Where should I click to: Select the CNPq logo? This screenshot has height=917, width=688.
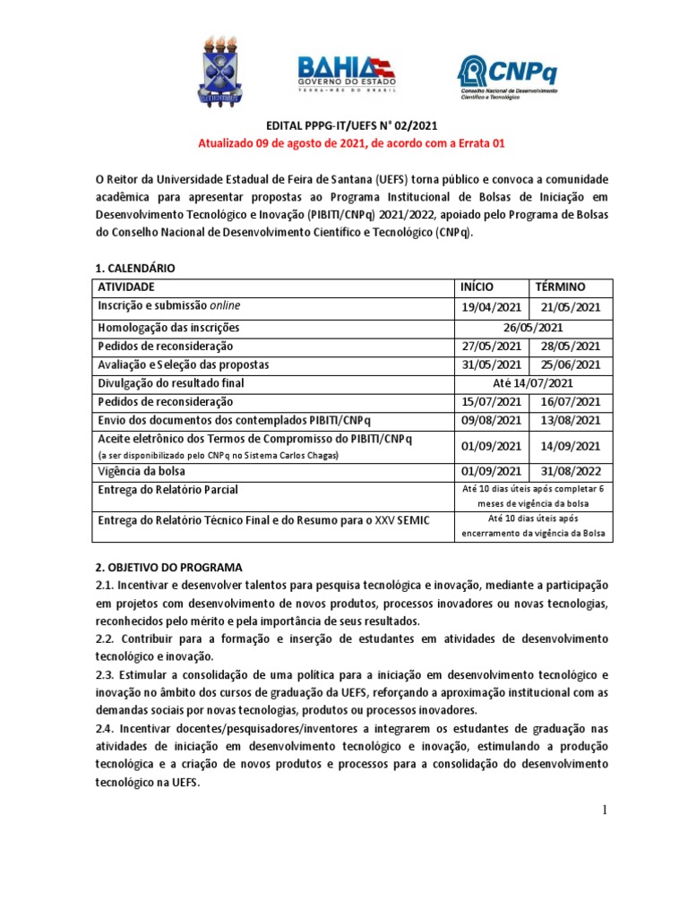click(x=507, y=76)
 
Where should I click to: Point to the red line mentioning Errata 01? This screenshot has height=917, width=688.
click(x=344, y=143)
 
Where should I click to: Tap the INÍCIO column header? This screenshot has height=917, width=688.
click(x=477, y=287)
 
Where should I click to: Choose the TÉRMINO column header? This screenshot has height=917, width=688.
click(x=560, y=287)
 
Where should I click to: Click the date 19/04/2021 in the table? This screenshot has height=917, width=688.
click(x=490, y=307)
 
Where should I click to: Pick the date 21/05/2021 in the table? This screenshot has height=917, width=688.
click(x=569, y=307)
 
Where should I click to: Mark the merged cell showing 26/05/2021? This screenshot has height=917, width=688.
click(x=532, y=328)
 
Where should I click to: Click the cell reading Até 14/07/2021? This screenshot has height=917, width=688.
click(x=532, y=382)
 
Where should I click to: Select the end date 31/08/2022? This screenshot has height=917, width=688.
click(x=569, y=469)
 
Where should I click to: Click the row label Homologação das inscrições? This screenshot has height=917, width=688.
click(x=169, y=328)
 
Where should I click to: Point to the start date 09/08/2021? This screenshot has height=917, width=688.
click(x=490, y=419)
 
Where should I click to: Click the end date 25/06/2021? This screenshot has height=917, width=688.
click(x=569, y=364)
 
